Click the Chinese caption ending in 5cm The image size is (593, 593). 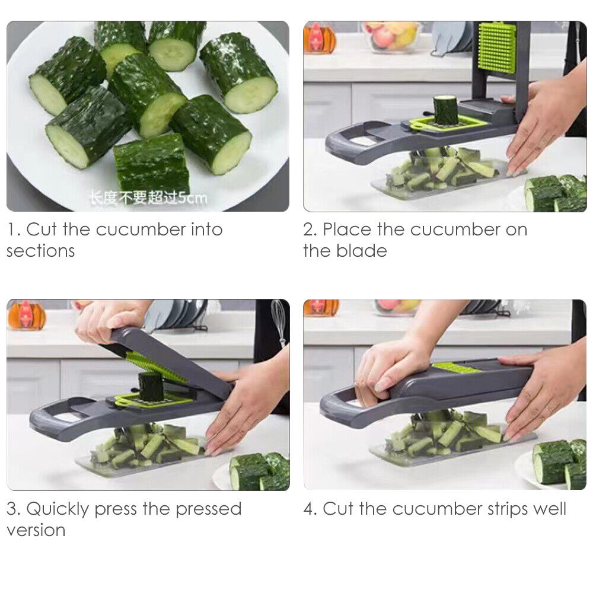coord(148,197)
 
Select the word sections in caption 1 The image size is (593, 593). coord(40,251)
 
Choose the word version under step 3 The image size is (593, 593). coord(36,530)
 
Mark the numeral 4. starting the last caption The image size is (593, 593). coord(311,509)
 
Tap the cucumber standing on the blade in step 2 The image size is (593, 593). coord(446,110)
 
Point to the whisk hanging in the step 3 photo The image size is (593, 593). coord(279,320)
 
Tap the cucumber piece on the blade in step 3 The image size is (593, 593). coord(151,386)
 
